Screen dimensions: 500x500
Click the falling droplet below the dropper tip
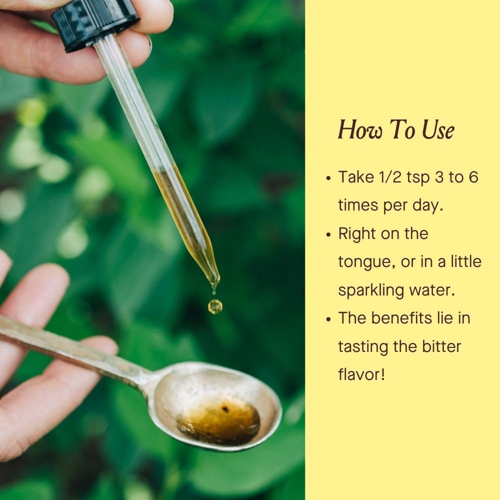[x=215, y=306]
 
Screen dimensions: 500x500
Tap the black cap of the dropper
[x=95, y=23]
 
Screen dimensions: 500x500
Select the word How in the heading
[x=359, y=130]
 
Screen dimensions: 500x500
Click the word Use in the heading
[x=438, y=130]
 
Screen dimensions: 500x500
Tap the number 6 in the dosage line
[x=473, y=177]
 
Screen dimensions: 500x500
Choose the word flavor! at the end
[x=361, y=374]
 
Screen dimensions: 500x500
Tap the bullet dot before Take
[x=329, y=178]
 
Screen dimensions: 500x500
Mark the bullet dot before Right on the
[x=329, y=235]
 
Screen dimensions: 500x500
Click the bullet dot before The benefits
[x=329, y=319]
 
